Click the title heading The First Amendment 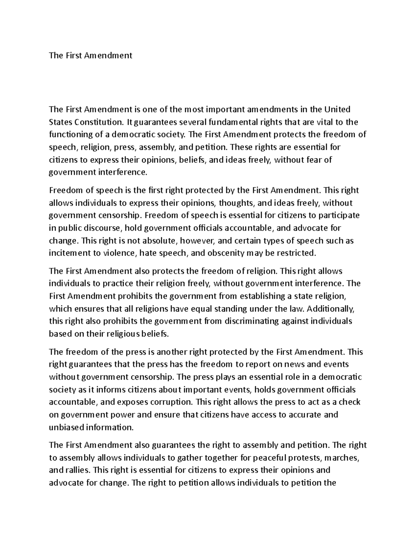pos(90,56)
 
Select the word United pos(337,110)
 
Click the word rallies pos(78,470)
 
